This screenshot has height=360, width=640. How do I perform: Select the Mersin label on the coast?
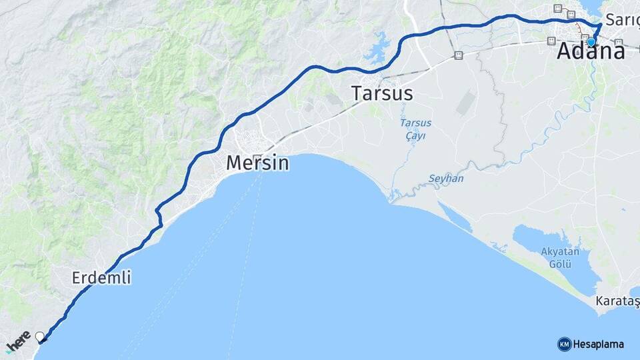click(257, 163)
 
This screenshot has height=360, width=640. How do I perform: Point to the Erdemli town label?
click(101, 277)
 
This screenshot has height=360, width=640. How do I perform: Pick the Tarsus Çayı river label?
click(416, 129)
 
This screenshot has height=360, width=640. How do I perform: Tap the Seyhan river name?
click(446, 179)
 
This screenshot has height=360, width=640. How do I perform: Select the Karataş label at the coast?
click(617, 303)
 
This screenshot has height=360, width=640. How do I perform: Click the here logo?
click(18, 340)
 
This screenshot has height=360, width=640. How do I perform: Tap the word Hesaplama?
click(599, 344)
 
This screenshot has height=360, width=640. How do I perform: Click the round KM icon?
click(564, 344)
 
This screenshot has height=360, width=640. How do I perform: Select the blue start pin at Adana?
click(591, 42)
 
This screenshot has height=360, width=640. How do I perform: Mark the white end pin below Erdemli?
click(40, 337)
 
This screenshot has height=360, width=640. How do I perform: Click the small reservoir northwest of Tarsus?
click(379, 47)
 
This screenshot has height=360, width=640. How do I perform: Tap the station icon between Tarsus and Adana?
click(458, 55)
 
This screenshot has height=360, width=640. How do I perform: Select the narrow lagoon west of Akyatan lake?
click(455, 217)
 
